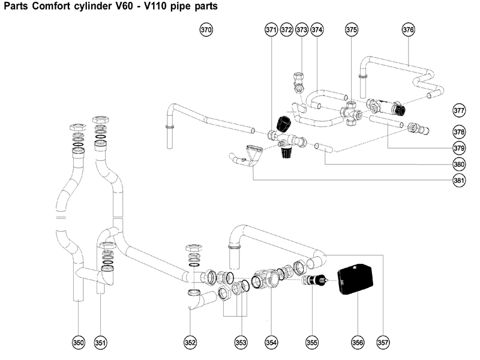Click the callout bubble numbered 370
206,29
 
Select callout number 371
271,29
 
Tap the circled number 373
302,29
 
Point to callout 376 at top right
408,29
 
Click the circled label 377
459,110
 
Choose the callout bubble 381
459,181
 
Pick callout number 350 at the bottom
78,342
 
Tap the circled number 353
241,342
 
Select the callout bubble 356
358,342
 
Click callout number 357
383,342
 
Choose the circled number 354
272,342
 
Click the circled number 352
190,342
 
